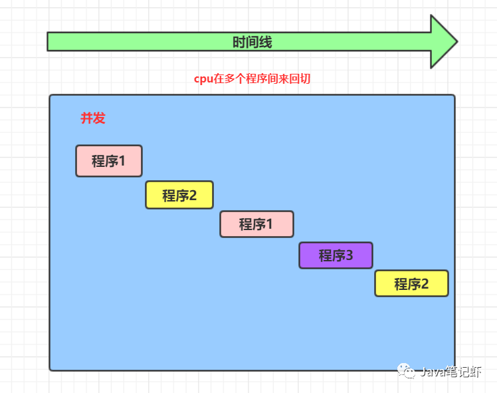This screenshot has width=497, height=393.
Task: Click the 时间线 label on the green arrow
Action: coord(252,43)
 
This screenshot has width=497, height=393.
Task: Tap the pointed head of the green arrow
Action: coord(443,41)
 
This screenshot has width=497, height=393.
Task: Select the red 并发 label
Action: coord(93,118)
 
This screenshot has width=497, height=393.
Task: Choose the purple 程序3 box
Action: coord(336,255)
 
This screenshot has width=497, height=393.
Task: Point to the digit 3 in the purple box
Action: coord(349,255)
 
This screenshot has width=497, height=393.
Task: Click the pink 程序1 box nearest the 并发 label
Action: coord(109,161)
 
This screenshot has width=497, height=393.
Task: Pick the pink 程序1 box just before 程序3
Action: coord(256,224)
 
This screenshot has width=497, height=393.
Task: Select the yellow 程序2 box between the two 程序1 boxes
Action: coord(179,196)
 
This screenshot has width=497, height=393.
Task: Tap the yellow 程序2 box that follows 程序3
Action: coord(411,284)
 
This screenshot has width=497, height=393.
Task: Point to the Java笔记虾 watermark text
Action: coord(452,372)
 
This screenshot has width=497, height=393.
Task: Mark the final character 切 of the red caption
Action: coord(306,78)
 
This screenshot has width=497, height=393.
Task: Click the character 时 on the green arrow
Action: coord(239,43)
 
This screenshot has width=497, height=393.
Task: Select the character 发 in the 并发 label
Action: coord(99,118)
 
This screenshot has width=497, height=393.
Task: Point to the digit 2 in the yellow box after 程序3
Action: coord(425,284)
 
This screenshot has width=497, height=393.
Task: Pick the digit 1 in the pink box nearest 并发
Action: coord(122,161)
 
